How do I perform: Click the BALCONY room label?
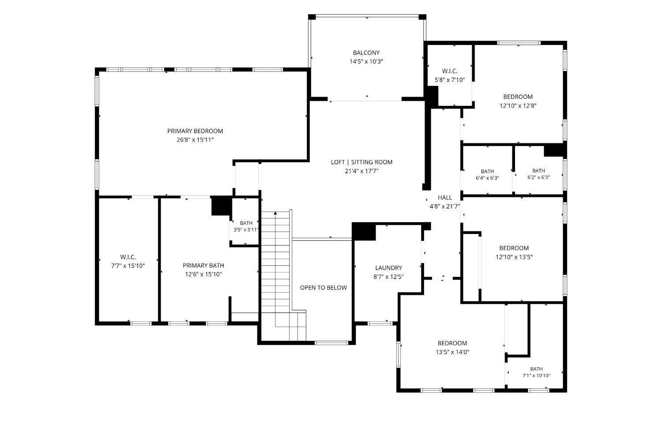tap(366, 53)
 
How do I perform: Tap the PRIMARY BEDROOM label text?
tap(195, 131)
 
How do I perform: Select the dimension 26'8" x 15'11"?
tap(195, 140)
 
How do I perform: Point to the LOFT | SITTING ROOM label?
tap(362, 162)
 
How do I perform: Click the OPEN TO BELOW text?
tap(323, 287)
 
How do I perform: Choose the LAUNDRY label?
tap(389, 268)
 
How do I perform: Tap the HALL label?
tap(445, 197)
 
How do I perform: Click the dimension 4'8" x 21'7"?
tap(445, 206)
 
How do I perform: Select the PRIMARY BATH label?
tap(203, 265)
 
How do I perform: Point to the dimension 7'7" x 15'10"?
tap(128, 266)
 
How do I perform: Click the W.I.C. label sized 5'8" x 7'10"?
tap(450, 71)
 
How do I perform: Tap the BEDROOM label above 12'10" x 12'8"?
tap(518, 97)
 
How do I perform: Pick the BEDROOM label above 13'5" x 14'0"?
tap(452, 343)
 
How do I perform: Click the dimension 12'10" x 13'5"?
tap(514, 257)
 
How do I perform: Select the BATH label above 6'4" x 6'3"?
tap(488, 171)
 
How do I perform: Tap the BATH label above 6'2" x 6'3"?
tap(539, 171)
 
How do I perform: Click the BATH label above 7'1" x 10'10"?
tap(536, 369)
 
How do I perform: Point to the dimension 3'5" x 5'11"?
tap(246, 230)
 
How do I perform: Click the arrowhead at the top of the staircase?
tap(275, 212)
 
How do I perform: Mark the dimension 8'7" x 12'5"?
tap(389, 277)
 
